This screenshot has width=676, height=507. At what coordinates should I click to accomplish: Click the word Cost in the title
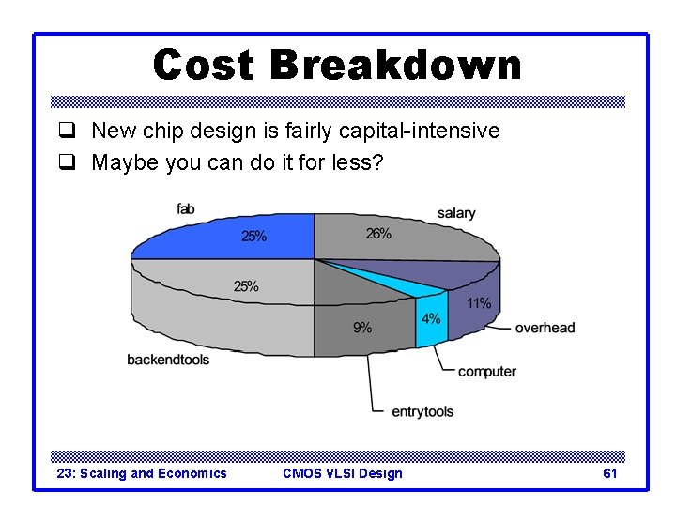[204, 65]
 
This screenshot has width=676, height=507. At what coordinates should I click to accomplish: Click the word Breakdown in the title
[394, 65]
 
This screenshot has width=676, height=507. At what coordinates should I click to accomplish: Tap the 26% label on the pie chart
[378, 234]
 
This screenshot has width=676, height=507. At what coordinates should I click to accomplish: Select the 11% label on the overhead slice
[478, 302]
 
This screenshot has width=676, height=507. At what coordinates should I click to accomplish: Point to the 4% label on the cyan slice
[430, 319]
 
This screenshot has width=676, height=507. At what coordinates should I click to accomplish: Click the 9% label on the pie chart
[361, 328]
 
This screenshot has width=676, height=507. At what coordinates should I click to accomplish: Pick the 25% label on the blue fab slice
[254, 237]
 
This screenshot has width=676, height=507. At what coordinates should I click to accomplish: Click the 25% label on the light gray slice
[246, 286]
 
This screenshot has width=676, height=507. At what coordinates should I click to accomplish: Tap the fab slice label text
[185, 208]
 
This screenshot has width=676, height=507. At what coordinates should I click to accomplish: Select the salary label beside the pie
[456, 213]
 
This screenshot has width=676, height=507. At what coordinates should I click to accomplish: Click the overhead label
[545, 328]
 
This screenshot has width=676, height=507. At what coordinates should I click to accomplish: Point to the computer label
[486, 371]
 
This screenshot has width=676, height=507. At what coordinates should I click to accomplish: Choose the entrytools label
[422, 411]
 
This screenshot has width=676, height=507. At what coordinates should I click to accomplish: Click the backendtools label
[168, 360]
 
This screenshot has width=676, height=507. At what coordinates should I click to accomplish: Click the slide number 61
[609, 473]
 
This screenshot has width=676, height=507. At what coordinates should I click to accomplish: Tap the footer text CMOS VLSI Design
[342, 473]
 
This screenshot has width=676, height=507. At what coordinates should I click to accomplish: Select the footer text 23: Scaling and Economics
[142, 473]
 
